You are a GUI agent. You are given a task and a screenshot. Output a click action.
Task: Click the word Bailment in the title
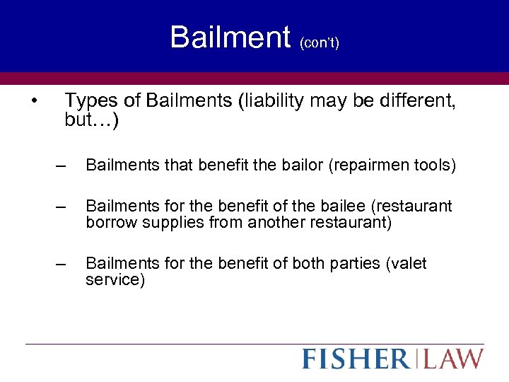pyautogui.click(x=230, y=37)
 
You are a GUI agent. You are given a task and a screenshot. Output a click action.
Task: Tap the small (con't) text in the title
pyautogui.click(x=320, y=43)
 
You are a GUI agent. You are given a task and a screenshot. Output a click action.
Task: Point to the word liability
pyautogui.click(x=274, y=102)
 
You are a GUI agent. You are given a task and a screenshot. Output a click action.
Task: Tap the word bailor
pyautogui.click(x=299, y=166)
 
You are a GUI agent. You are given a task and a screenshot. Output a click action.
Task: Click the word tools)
pyautogui.click(x=435, y=166)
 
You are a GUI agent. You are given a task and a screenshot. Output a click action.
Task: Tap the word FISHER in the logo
pyautogui.click(x=356, y=359)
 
